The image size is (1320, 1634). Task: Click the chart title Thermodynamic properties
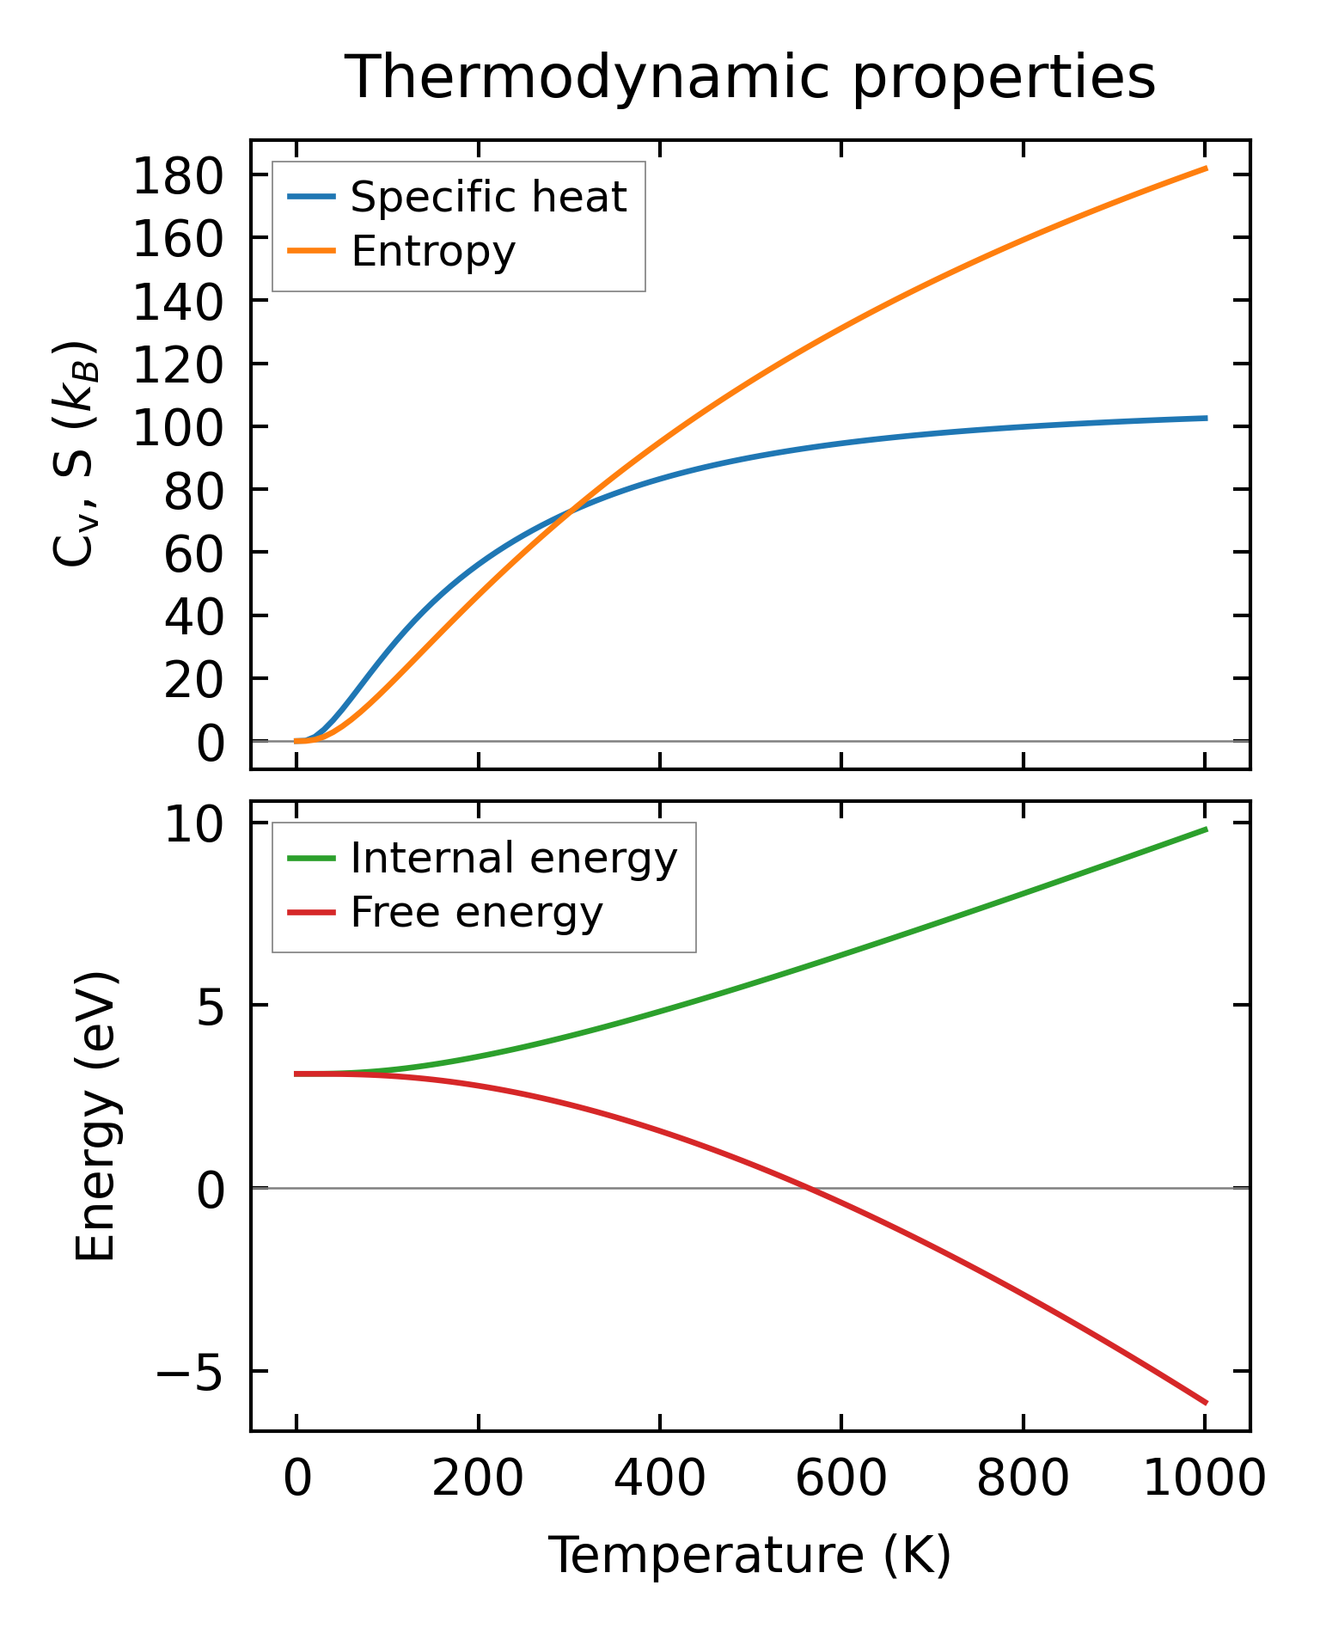[x=749, y=77]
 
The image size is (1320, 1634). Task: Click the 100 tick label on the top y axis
[x=178, y=428]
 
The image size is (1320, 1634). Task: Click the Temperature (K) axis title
[x=749, y=1556]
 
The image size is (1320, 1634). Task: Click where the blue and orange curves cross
[x=569, y=513]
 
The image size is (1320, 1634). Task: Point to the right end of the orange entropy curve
[x=1206, y=168]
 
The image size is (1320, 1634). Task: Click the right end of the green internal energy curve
[x=1206, y=829]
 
